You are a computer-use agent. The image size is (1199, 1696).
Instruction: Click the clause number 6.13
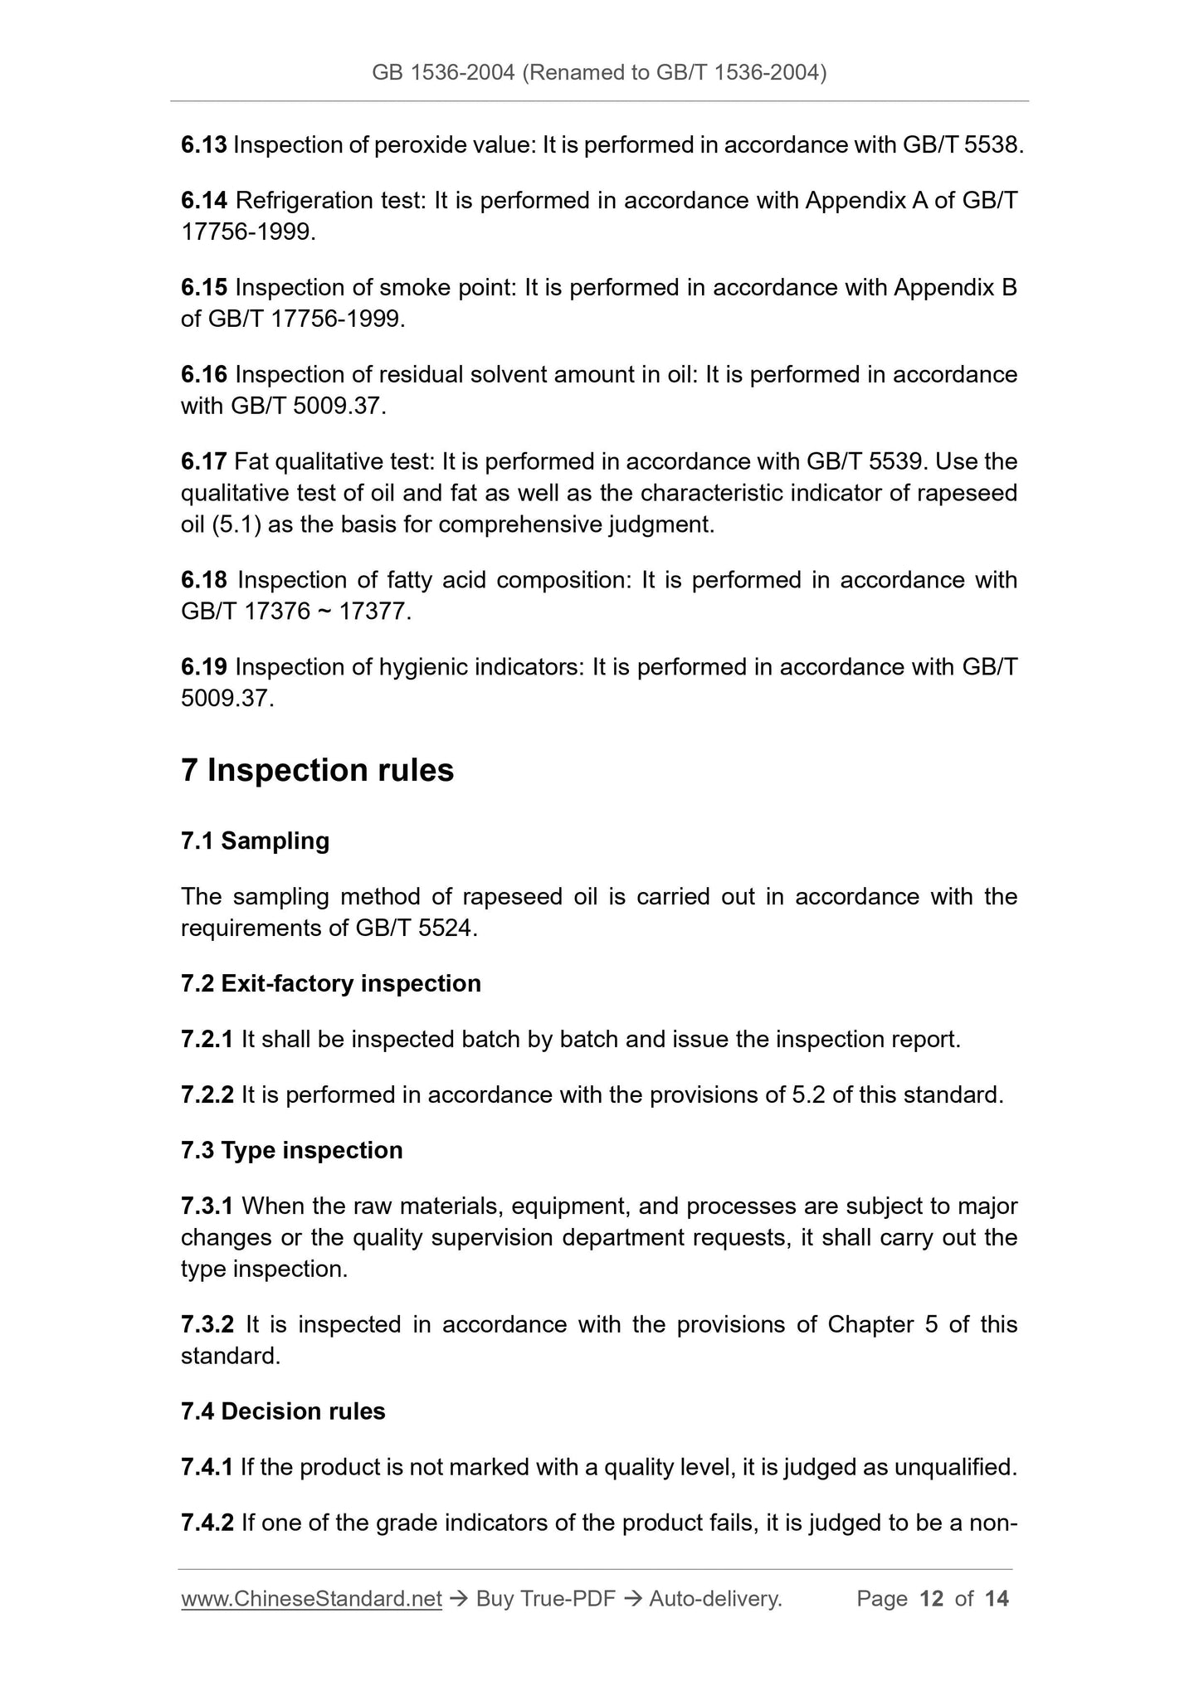click(203, 145)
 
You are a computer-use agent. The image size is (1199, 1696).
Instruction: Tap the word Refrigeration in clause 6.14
click(305, 201)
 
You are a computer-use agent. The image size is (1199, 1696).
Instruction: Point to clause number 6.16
click(203, 375)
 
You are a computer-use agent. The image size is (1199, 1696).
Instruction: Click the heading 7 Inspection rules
click(317, 770)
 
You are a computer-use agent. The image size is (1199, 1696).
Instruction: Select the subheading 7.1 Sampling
click(255, 841)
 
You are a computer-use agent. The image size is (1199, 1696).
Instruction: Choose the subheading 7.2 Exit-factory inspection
click(330, 984)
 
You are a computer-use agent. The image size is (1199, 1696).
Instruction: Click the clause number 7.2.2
click(207, 1095)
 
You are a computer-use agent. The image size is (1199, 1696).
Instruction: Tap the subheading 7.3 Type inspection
click(291, 1151)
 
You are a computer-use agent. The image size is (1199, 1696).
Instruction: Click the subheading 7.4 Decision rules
click(283, 1412)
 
